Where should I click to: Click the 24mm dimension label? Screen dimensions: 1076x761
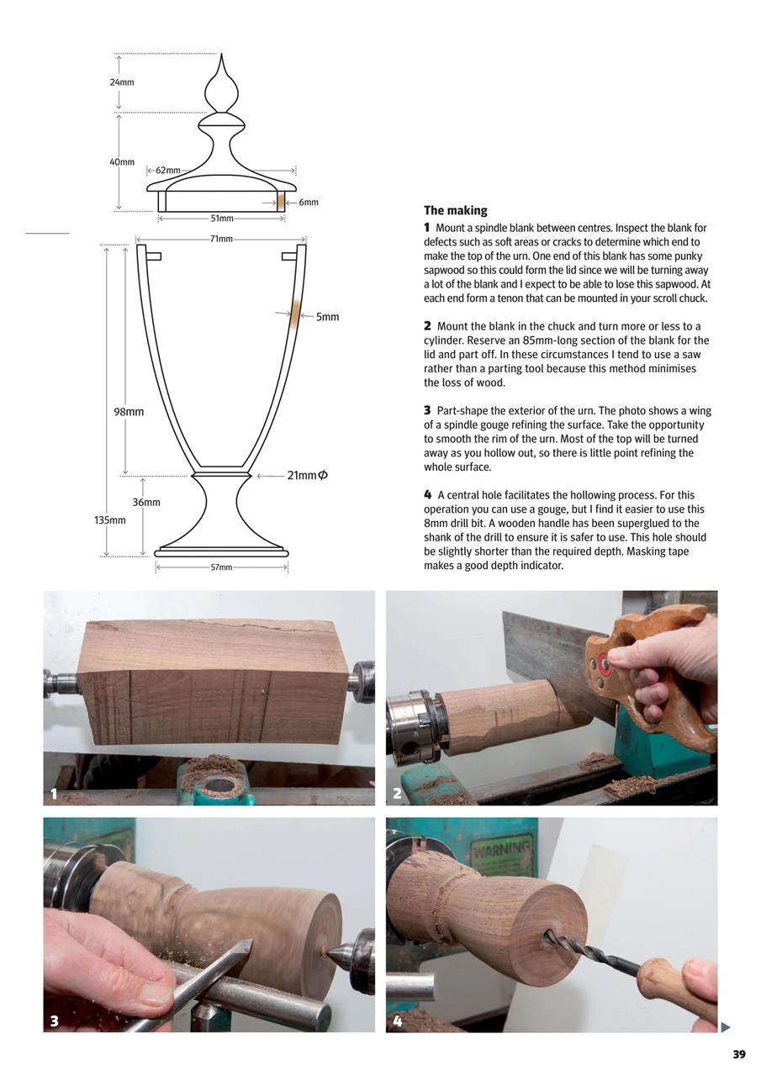pos(122,82)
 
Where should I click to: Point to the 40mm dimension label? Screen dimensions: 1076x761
pos(122,161)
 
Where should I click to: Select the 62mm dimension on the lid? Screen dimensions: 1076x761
pos(167,171)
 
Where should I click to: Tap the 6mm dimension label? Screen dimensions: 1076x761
pos(309,203)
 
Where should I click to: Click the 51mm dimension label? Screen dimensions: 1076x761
pos(221,219)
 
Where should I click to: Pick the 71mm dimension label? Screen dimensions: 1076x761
pos(221,240)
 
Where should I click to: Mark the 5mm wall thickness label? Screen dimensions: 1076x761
pos(327,317)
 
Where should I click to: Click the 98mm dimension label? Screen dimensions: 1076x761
pos(129,412)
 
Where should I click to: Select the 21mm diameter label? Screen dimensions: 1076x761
pos(307,476)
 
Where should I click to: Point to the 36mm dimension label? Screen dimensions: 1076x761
pos(146,503)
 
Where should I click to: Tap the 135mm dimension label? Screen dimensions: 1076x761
pos(110,520)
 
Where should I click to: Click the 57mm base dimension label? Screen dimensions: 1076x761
pos(221,567)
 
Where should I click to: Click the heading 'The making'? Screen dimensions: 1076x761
pos(455,210)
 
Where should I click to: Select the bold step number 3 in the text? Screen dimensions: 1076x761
pos(427,411)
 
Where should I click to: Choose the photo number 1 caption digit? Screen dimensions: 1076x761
pos(54,794)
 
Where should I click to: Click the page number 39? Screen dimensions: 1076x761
pos(738,1054)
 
